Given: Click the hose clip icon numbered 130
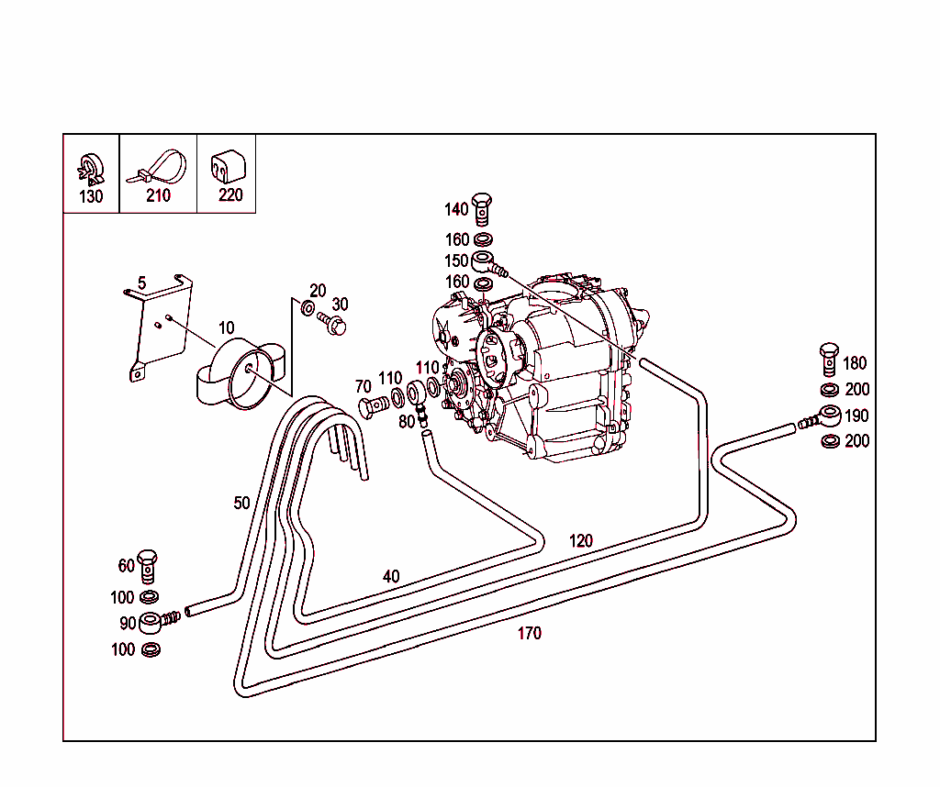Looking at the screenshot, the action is pos(91,170).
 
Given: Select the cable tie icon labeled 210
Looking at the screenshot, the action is pos(156,167).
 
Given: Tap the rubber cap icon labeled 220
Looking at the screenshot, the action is pos(228,166).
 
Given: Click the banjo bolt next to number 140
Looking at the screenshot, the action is pos(481,208).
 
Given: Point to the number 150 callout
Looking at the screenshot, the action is pos(456,261).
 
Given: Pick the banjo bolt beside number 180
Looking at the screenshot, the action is pos(829,360).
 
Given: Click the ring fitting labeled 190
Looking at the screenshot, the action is pos(818,416).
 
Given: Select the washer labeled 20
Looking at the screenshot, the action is pos(308,308).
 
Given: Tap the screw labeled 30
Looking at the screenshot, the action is pos(332,323).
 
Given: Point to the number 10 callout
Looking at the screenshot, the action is pos(226,328).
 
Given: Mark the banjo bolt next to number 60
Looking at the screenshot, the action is pos(147,566).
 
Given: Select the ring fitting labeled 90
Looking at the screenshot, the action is pos(158,621).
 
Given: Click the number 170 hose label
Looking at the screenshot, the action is pos(530,633).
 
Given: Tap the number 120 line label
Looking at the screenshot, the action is pos(580,541).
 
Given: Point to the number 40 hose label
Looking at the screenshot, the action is pos(391,576).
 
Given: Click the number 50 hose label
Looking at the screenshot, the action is pos(241,503).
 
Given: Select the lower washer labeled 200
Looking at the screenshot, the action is pos(830,441).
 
